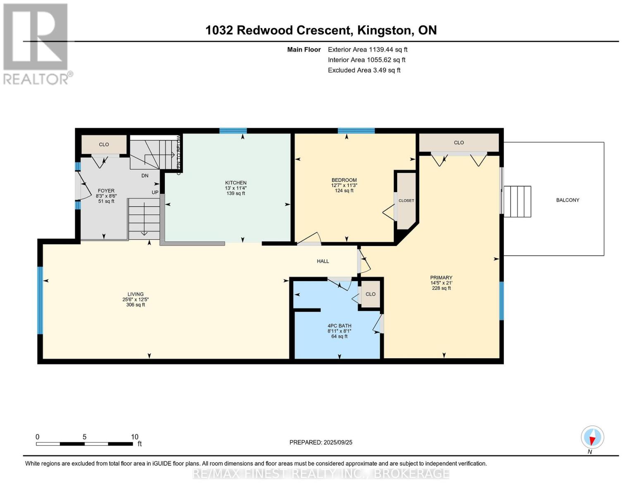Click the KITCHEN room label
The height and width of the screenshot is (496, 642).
pyautogui.click(x=236, y=183)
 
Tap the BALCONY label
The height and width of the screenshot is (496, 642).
pyautogui.click(x=568, y=200)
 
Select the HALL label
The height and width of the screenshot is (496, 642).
pyautogui.click(x=323, y=261)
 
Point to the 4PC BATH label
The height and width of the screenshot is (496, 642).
pyautogui.click(x=339, y=326)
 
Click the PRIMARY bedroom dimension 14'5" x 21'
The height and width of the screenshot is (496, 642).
pyautogui.click(x=442, y=283)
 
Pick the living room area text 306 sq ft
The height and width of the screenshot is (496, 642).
pyautogui.click(x=136, y=305)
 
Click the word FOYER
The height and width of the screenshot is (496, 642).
pyautogui.click(x=106, y=191)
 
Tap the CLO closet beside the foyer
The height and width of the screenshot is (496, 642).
pyautogui.click(x=104, y=144)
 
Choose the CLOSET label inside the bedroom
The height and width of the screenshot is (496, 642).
pyautogui.click(x=406, y=200)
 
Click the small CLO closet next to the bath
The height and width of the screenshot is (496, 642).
pyautogui.click(x=370, y=294)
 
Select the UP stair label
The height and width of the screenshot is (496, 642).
pyautogui.click(x=155, y=192)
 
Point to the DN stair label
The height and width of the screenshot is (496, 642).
pyautogui.click(x=145, y=176)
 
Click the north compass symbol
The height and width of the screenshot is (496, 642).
pyautogui.click(x=592, y=437)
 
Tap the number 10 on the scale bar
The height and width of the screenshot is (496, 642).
pyautogui.click(x=135, y=437)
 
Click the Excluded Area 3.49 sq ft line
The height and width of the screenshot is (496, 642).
pyautogui.click(x=364, y=70)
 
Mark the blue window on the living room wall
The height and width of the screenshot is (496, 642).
pyautogui.click(x=40, y=300)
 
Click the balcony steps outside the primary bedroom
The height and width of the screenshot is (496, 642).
pyautogui.click(x=517, y=201)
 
